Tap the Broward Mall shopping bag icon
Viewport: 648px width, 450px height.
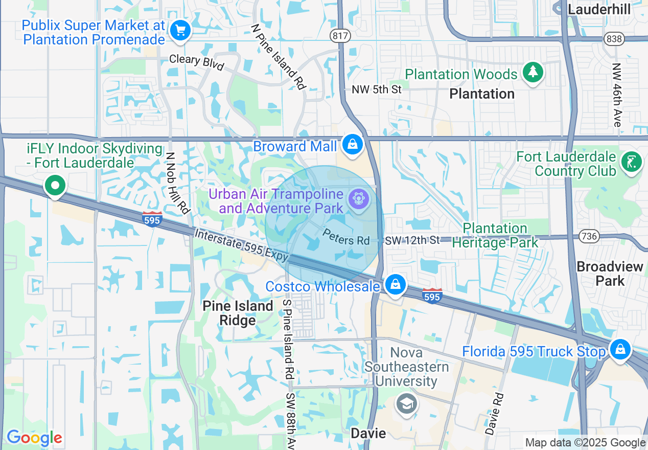point(353,144)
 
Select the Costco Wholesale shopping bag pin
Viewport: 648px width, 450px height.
point(395,284)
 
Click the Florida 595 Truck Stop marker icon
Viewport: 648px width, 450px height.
point(620,350)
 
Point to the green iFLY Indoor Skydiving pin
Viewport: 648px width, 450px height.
point(55,185)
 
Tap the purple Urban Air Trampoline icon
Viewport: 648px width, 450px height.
point(358,199)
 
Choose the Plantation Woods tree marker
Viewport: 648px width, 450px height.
point(533,73)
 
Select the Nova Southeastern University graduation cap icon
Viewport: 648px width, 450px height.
point(407,404)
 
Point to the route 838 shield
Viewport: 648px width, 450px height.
point(613,39)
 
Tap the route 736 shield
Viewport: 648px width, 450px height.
point(589,236)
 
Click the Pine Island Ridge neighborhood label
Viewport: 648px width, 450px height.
point(238,313)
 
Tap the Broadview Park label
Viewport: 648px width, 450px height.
point(610,274)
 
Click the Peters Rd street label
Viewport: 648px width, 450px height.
point(346,236)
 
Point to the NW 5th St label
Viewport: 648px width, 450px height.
point(377,89)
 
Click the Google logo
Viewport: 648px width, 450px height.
point(34,438)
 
